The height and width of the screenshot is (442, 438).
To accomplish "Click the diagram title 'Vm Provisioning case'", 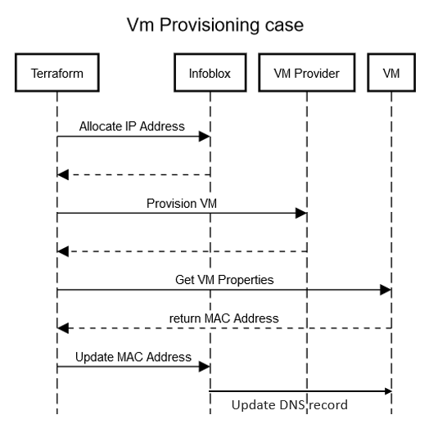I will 214,25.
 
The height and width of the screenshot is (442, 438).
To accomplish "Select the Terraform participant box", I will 57,74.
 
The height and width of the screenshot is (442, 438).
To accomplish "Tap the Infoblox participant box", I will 210,74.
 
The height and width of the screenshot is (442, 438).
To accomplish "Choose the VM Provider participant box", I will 306,74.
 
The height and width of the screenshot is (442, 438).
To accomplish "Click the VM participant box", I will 391,74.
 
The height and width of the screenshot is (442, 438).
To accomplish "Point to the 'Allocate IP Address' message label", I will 132,127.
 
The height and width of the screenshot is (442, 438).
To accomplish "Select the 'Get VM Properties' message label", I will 224,279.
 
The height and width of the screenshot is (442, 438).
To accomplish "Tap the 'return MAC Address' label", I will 224,318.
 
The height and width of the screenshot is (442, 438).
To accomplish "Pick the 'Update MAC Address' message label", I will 133,357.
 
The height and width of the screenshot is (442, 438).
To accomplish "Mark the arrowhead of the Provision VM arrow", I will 301,213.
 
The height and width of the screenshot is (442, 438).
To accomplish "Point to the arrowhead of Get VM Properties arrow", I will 386,290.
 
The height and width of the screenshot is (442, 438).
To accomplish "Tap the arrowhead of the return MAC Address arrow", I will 63,328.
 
